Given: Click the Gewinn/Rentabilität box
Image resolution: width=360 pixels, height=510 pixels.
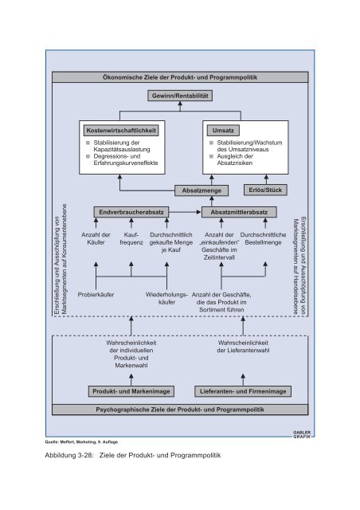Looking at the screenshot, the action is point(180,96).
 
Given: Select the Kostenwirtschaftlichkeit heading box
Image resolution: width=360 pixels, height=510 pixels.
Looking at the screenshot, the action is point(121,131).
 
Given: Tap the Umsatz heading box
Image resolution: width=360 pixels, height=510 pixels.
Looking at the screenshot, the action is point(223,131).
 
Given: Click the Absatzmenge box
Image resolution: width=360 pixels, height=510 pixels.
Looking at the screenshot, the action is point(202,190).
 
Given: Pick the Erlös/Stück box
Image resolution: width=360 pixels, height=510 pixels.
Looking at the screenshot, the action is point(265,190).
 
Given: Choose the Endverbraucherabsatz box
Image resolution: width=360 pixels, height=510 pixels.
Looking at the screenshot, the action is point(131,212).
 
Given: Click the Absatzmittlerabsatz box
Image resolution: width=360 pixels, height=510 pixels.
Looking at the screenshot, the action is point(239,212).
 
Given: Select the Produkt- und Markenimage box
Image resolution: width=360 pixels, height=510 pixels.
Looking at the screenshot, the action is point(131,391).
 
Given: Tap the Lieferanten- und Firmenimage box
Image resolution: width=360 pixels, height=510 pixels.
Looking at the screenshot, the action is point(243,391).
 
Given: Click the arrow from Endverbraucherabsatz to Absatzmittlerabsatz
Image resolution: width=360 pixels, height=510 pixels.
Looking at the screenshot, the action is point(185,212).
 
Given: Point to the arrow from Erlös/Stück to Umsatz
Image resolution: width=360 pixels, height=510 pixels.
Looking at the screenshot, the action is point(266,179).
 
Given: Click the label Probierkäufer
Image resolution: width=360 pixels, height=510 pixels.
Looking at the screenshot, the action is point(96,295).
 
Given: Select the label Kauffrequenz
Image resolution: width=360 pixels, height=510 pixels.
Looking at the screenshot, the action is point(131,238).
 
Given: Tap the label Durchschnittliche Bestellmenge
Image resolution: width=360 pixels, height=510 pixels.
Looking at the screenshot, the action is point(263,238).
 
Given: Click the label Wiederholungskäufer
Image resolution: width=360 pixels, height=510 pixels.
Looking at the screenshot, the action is point(166,298).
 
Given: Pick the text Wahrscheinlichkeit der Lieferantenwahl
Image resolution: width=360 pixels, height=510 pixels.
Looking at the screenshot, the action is point(243,347).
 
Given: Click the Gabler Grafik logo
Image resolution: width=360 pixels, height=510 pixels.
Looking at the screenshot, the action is point(302,434).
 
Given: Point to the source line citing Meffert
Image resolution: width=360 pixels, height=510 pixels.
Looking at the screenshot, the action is point(81,442).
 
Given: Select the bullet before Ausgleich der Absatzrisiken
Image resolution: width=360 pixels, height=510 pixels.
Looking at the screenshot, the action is point(211,156).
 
